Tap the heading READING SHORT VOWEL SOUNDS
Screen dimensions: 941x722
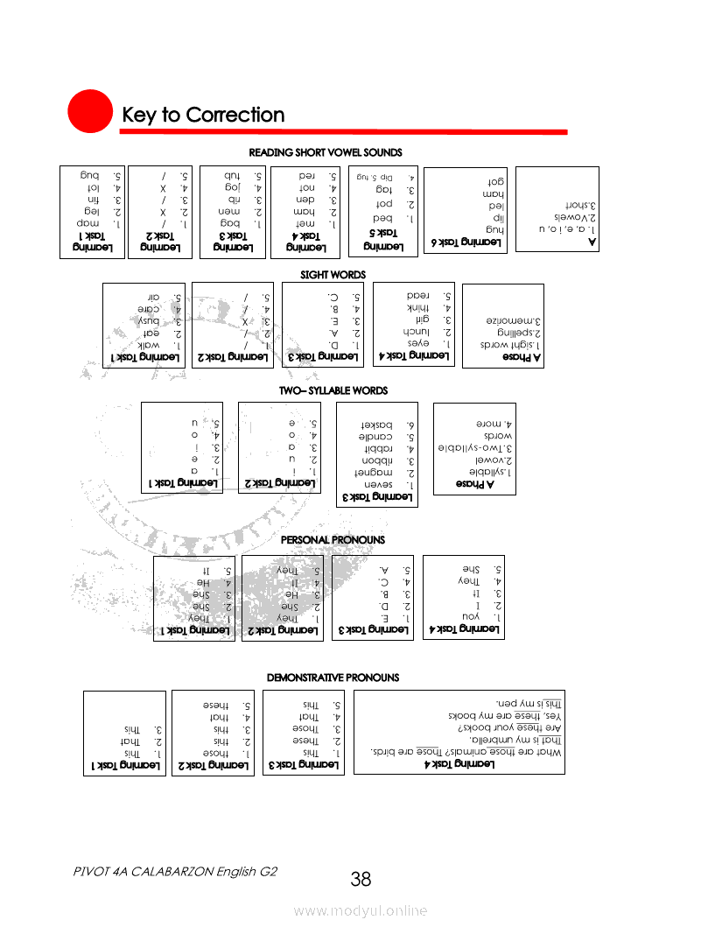(x=326, y=152)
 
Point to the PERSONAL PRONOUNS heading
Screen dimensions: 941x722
(x=333, y=540)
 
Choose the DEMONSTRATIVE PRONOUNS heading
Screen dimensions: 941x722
(x=333, y=678)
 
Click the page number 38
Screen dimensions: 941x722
(x=361, y=879)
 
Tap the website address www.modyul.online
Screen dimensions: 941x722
(x=361, y=911)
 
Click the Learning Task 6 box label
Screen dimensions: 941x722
(x=469, y=242)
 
